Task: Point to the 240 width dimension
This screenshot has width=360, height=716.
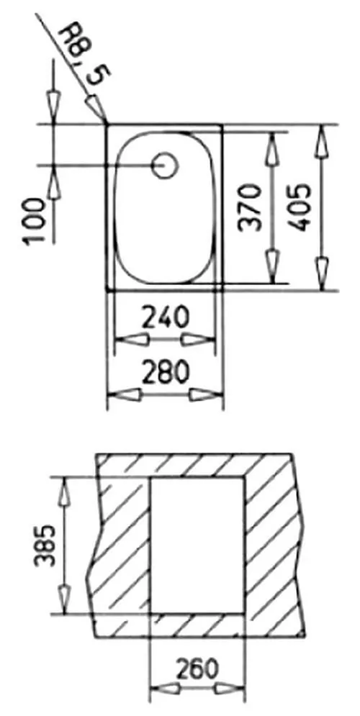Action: (164, 317)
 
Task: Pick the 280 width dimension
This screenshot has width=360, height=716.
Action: (164, 372)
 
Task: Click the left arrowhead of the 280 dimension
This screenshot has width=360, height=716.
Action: (122, 394)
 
